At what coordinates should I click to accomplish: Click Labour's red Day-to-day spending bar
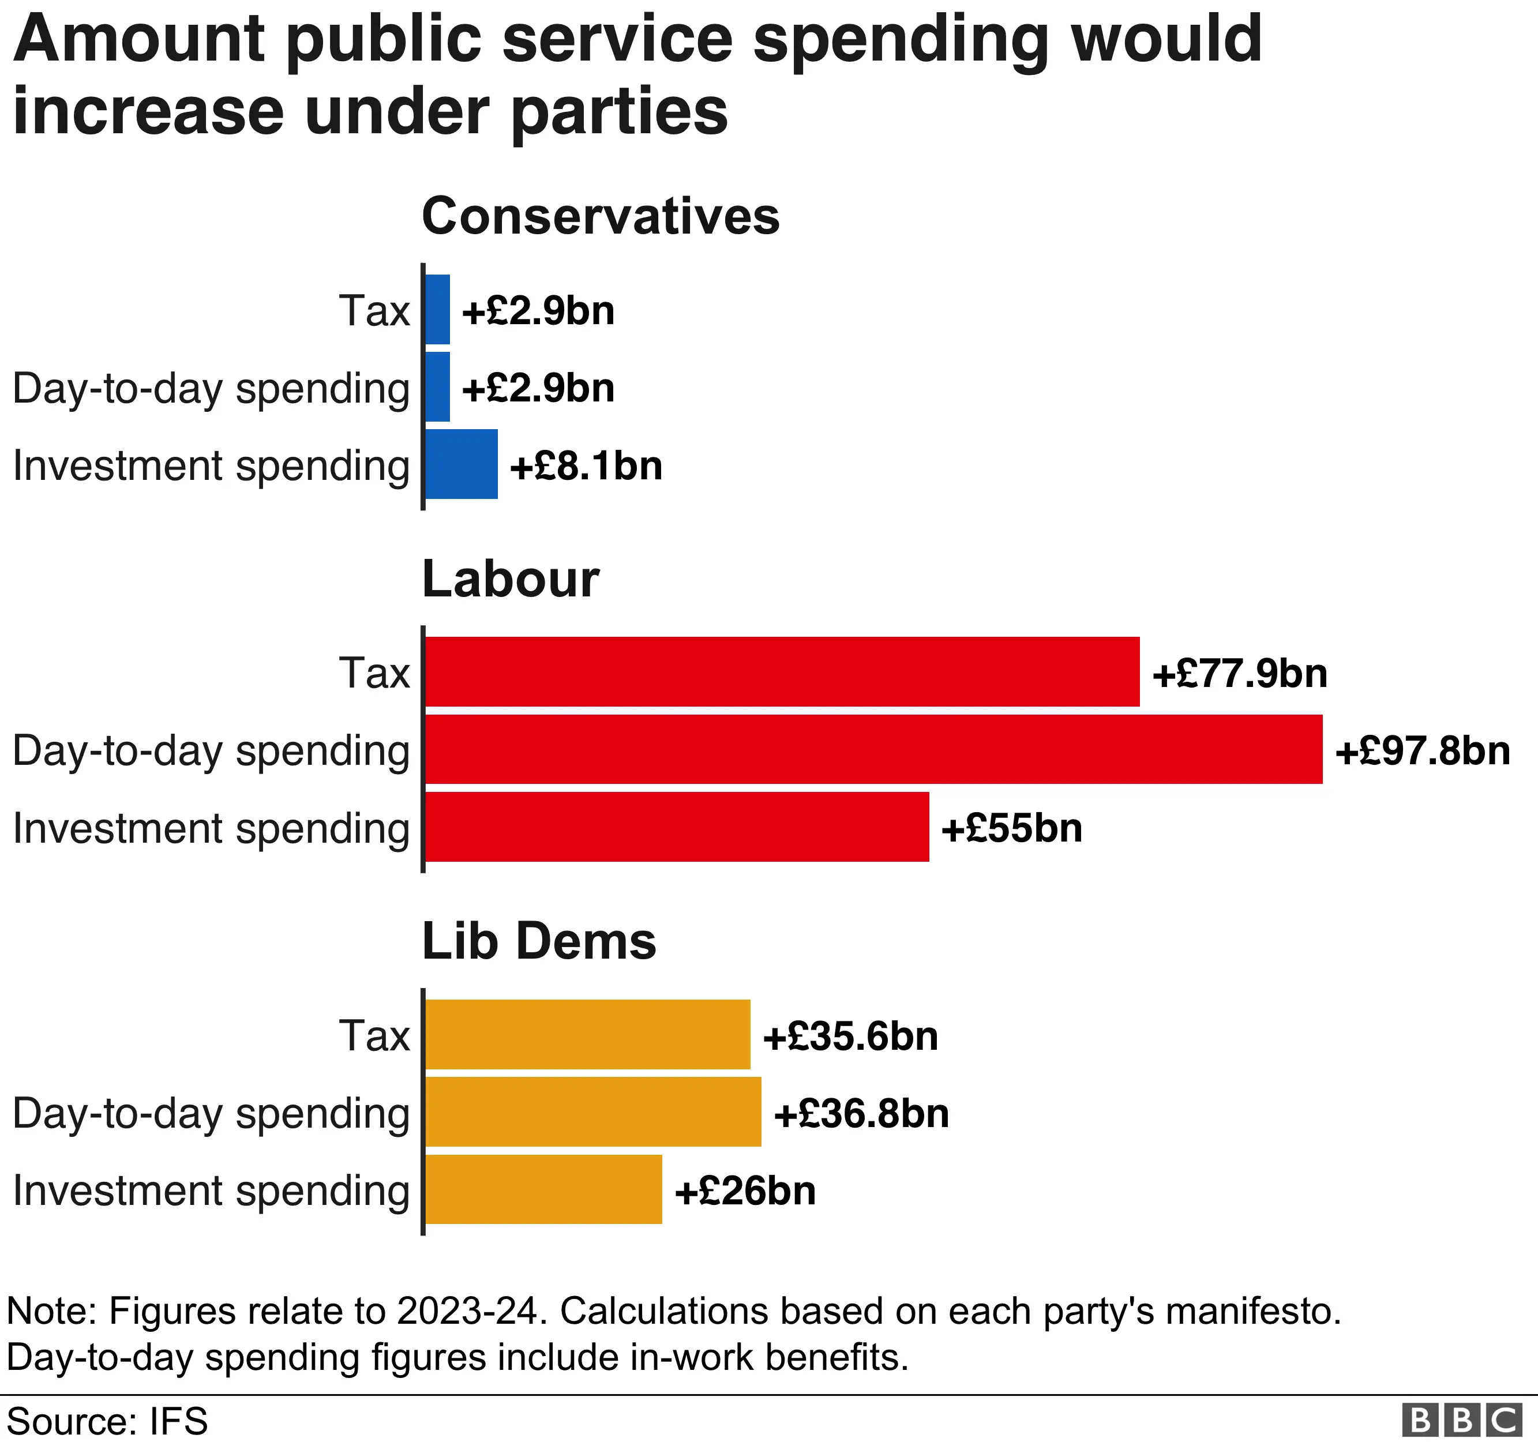pos(873,749)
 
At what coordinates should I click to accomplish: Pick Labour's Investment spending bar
pos(677,826)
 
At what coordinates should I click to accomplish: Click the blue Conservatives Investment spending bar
pos(461,464)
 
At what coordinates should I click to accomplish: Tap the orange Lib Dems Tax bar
pos(587,1034)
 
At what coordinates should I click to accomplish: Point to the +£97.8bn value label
pos(1422,751)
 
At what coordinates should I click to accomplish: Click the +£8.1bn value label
pos(586,465)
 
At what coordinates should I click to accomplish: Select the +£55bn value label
pos(1011,828)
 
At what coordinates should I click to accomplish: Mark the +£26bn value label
pos(745,1191)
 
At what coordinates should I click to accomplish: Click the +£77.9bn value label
pos(1239,673)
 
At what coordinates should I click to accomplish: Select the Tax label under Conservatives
pos(374,311)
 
